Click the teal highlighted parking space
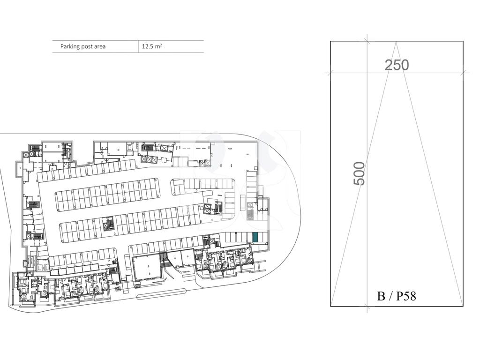click(255, 237)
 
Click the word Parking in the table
click(70, 47)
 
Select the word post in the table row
click(87, 47)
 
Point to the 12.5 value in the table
click(147, 47)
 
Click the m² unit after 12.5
click(157, 46)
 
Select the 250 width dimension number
click(397, 65)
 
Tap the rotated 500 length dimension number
click(360, 173)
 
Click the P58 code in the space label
click(406, 296)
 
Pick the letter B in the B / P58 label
click(381, 296)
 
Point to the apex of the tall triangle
click(396, 42)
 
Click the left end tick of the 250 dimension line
click(330, 73)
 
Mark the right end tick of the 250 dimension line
click(463, 73)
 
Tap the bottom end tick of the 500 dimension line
click(367, 306)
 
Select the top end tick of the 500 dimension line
click(367, 41)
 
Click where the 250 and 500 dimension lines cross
click(367, 73)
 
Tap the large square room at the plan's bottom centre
click(146, 269)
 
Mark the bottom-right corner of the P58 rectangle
click(463, 306)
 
